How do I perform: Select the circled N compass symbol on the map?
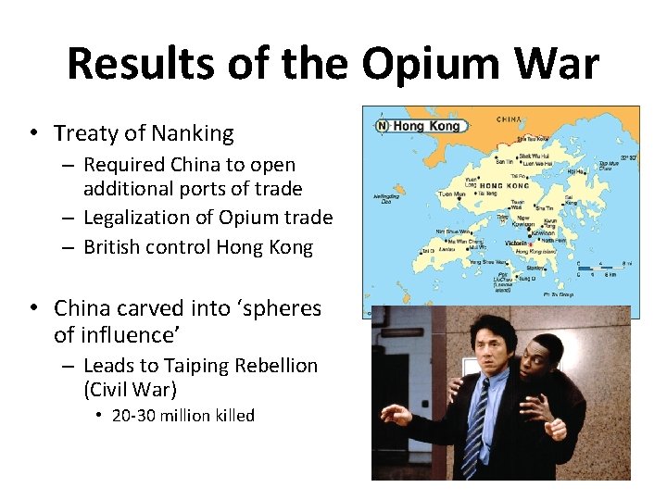click(382, 125)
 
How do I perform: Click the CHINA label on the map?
click(508, 119)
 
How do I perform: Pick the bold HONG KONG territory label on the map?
click(503, 185)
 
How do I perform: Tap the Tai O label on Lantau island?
click(427, 251)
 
